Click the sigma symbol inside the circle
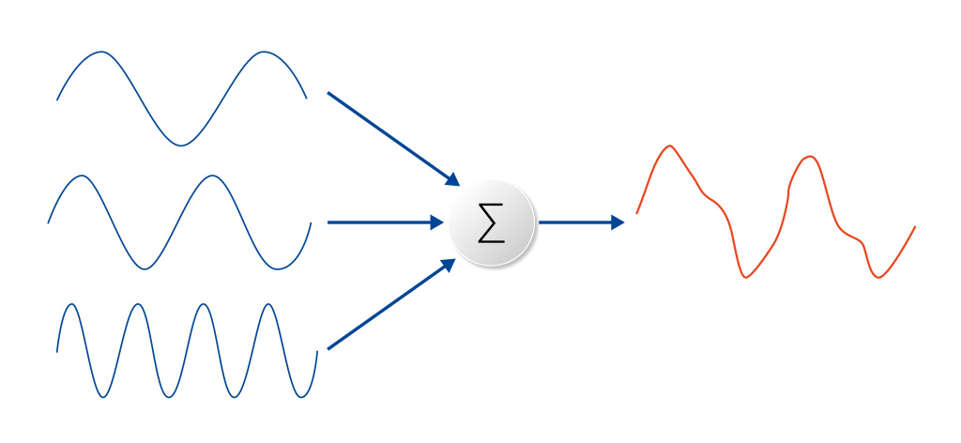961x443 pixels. point(491,223)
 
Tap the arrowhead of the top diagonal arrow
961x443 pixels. point(452,179)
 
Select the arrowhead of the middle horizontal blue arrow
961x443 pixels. point(437,222)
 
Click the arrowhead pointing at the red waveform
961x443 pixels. point(618,222)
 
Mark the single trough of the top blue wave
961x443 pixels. point(181,145)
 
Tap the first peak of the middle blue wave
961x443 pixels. point(82,176)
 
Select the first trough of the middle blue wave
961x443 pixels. point(144,269)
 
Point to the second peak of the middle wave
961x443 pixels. point(212,176)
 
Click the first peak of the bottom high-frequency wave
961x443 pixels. point(71,304)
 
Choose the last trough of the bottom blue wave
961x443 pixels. point(301,396)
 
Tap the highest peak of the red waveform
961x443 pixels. point(669,146)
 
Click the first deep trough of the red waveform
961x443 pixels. point(746,277)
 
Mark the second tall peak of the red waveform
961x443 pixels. point(809,157)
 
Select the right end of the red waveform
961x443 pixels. point(914,227)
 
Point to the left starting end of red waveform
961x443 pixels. point(637,213)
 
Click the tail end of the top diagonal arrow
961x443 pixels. point(328,93)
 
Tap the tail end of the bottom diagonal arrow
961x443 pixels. point(328,349)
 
